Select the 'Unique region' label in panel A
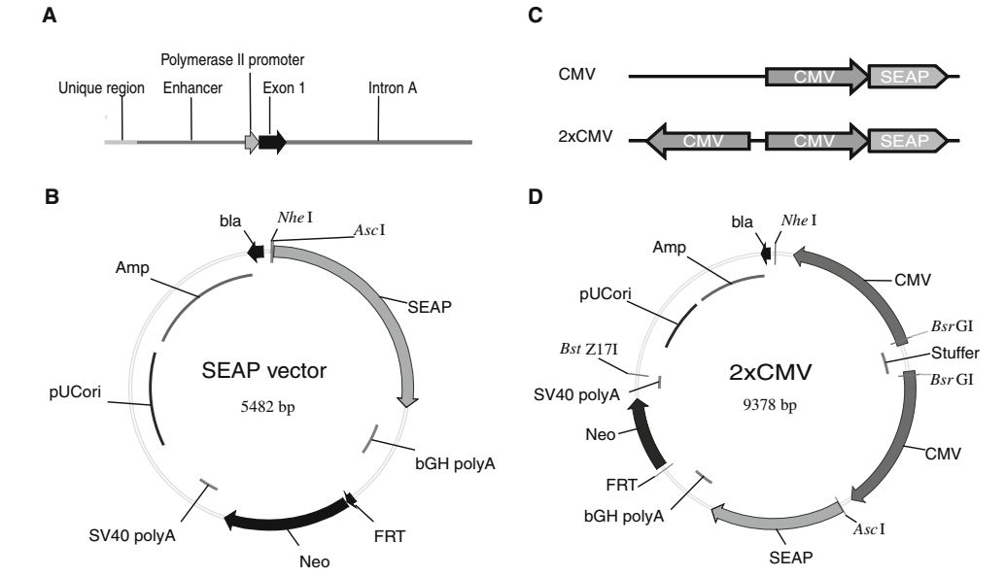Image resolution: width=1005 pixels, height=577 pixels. click(101, 88)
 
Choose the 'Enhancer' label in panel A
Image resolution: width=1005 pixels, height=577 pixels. click(192, 88)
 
